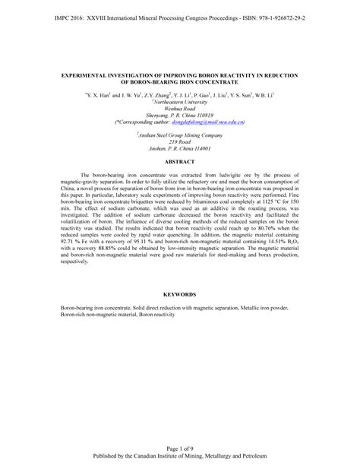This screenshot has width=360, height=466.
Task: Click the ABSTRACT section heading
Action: coord(180,162)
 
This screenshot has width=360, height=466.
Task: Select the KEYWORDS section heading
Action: coord(180,293)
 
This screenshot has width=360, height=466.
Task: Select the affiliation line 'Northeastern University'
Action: coord(180,100)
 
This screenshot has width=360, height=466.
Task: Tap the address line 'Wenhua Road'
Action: coord(180,106)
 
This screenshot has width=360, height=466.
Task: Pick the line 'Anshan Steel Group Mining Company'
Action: coord(180,135)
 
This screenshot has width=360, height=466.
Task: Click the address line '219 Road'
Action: coord(180,141)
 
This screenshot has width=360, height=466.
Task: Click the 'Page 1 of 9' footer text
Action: coord(180,448)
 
